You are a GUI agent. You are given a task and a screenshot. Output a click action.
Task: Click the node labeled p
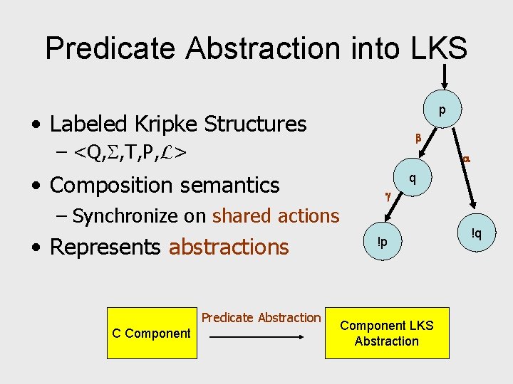[x=442, y=110]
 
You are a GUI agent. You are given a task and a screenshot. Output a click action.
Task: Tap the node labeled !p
[x=383, y=242]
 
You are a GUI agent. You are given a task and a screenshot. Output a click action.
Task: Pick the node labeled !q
[x=476, y=232]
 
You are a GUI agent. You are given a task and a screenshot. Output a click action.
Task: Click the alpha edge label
[x=466, y=159]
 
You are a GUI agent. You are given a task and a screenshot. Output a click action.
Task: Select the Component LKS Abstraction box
[x=386, y=333]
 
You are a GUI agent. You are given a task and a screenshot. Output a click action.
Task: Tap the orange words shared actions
[x=276, y=215]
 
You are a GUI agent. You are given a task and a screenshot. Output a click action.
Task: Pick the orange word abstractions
[x=229, y=247]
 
